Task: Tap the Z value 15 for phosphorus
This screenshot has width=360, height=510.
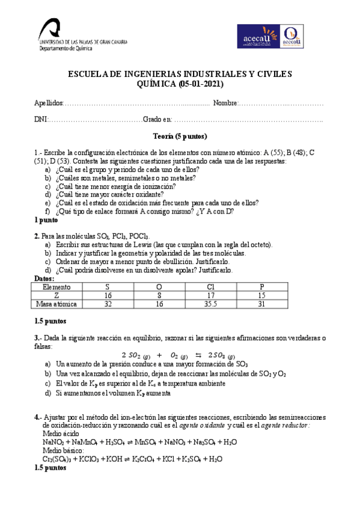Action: (261, 296)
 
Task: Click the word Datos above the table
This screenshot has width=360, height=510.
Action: (45, 279)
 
